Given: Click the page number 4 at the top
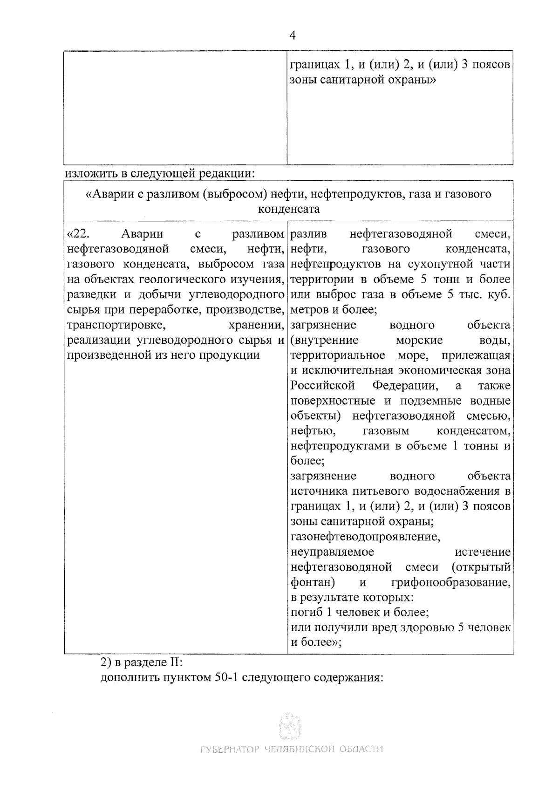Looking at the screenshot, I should (293, 35).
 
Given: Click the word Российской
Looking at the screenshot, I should (323, 386).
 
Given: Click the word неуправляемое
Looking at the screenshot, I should (332, 552).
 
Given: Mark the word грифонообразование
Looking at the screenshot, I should (450, 582).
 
